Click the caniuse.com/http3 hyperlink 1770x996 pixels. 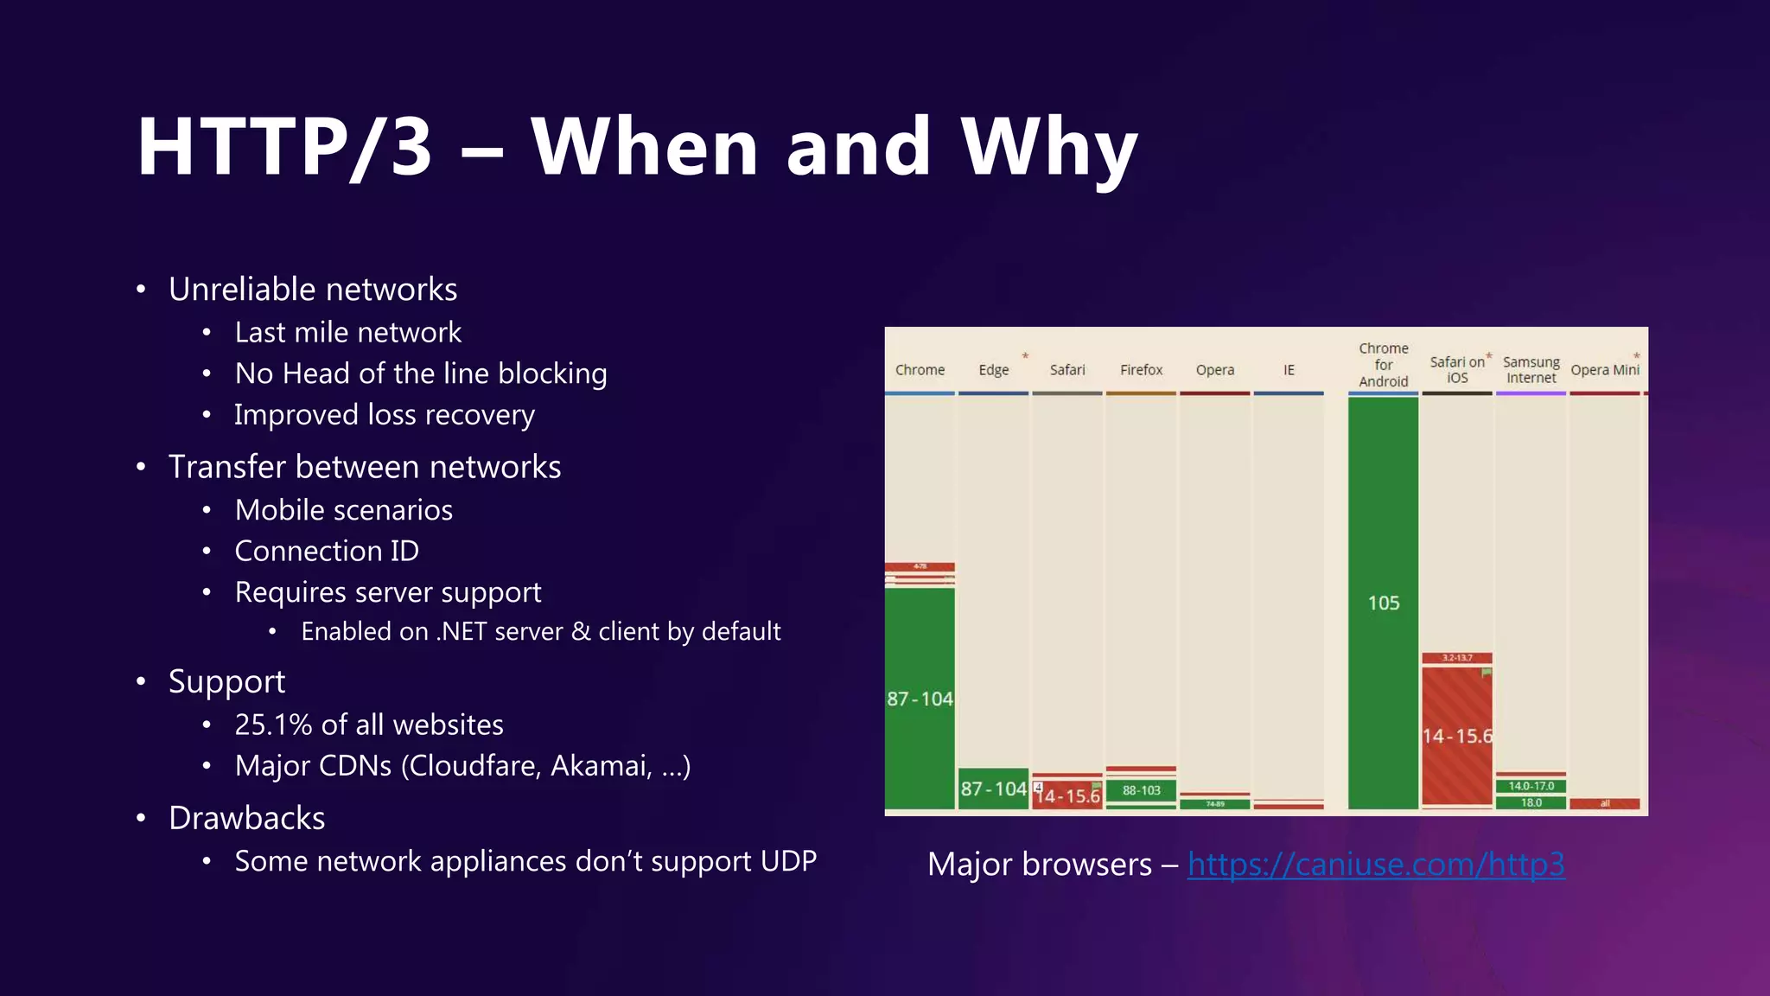(x=1376, y=864)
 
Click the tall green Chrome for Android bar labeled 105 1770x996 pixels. (x=1383, y=603)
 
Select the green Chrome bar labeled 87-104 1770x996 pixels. (x=920, y=699)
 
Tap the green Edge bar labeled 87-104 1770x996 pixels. (x=993, y=788)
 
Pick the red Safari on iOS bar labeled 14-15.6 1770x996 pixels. (x=1457, y=736)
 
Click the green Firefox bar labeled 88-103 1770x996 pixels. (x=1141, y=790)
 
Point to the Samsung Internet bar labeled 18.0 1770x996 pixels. (x=1531, y=803)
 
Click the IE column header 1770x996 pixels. (x=1289, y=370)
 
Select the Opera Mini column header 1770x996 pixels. (x=1604, y=370)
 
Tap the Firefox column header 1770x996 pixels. (x=1141, y=370)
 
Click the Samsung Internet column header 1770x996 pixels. (x=1531, y=370)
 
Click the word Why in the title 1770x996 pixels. (x=1049, y=149)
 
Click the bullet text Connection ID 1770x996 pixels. (x=327, y=551)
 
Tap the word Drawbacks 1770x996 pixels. (x=246, y=818)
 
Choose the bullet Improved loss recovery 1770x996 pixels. (x=385, y=415)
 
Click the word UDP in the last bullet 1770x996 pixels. (x=787, y=861)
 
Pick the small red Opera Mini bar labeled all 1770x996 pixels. (x=1604, y=804)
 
